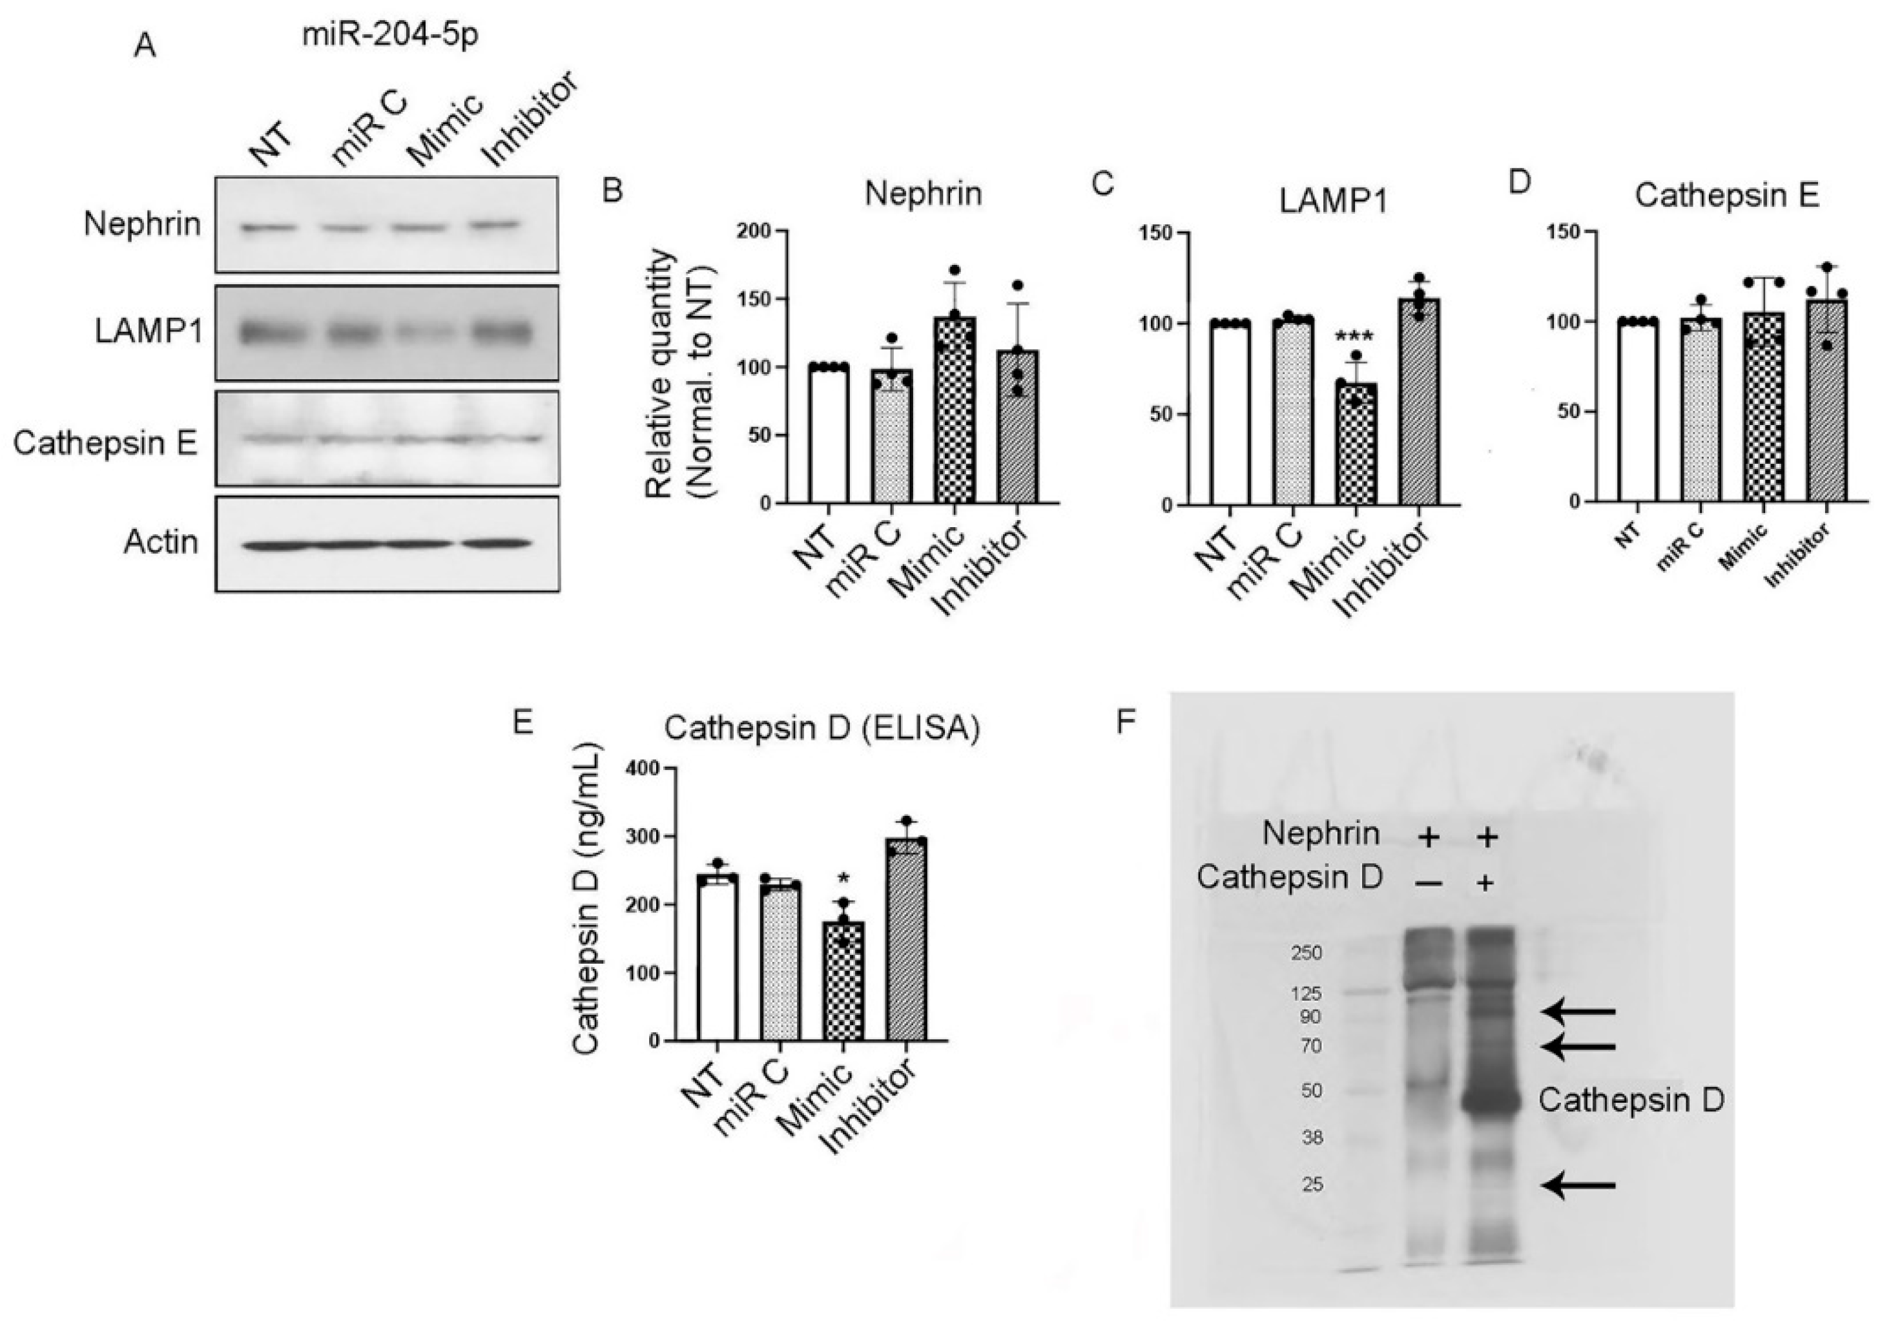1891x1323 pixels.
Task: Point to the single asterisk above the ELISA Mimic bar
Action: tap(843, 877)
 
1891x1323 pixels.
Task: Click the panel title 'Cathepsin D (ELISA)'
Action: tap(822, 729)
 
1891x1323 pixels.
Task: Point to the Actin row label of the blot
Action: tap(161, 542)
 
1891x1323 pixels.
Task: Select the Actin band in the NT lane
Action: tap(263, 545)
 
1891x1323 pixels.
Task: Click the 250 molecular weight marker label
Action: tap(1307, 953)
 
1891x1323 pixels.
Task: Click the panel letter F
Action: tap(1126, 722)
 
